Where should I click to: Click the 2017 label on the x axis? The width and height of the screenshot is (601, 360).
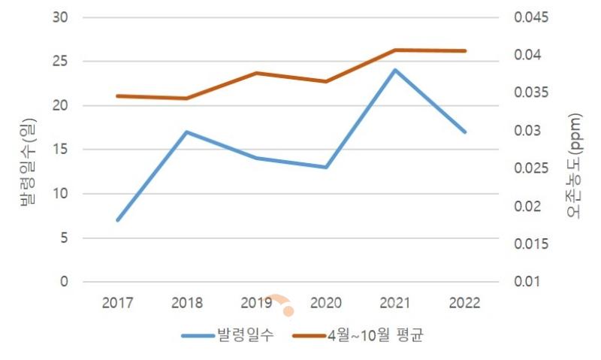[117, 303]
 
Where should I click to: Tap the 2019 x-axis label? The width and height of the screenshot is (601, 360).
[256, 303]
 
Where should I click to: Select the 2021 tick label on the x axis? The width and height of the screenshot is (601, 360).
[395, 303]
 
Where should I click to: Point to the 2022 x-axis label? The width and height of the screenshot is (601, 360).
[464, 303]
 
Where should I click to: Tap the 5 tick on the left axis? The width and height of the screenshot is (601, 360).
[64, 238]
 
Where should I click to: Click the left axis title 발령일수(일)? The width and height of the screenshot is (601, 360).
[28, 160]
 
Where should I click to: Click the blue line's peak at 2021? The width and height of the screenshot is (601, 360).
[395, 70]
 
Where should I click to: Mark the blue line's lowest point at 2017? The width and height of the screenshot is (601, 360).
[117, 220]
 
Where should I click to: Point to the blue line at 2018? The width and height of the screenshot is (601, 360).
[187, 132]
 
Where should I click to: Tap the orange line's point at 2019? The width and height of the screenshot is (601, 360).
[256, 73]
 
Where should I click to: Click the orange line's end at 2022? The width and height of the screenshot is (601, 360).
[465, 51]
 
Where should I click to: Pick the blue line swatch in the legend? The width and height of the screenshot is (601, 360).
[198, 336]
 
